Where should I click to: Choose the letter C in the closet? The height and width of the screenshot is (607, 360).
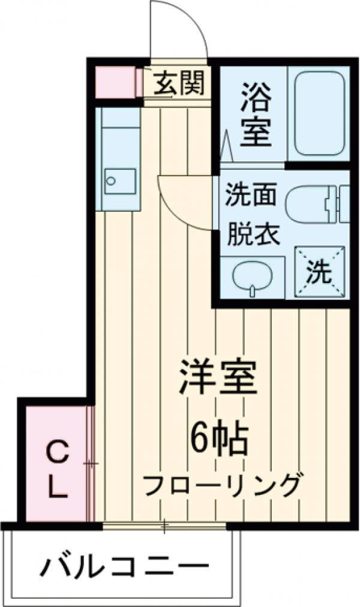[x=56, y=452]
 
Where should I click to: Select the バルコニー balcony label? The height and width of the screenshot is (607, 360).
[x=126, y=567]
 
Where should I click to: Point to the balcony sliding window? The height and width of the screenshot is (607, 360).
[x=164, y=527]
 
